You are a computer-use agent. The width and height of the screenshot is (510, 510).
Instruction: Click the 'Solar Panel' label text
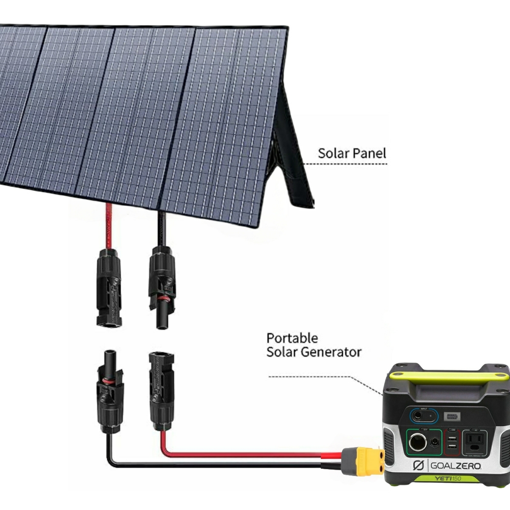(352, 153)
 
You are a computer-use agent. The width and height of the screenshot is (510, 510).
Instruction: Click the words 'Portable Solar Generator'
(314, 345)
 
